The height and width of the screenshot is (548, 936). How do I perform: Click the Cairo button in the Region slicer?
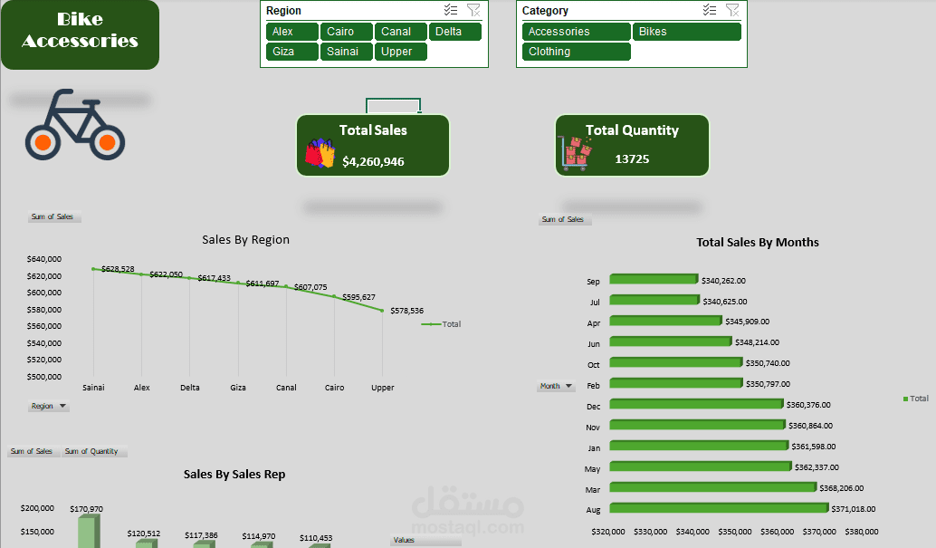click(344, 32)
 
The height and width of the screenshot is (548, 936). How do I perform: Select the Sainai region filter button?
click(344, 52)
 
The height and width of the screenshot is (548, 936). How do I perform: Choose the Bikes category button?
click(686, 32)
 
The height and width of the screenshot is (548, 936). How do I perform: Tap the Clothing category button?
click(576, 52)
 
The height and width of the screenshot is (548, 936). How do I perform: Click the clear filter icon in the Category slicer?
click(732, 11)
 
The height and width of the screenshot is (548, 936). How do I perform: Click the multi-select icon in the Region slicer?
click(451, 11)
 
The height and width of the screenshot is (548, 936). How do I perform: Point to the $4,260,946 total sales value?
click(373, 161)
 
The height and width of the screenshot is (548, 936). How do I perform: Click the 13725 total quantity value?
click(632, 159)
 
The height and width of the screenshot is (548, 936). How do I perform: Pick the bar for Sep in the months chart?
click(654, 280)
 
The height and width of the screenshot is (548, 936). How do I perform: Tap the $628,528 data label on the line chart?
click(118, 269)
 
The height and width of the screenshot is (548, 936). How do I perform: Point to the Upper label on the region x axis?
click(383, 388)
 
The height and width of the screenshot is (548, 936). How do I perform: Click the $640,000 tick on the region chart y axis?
click(43, 259)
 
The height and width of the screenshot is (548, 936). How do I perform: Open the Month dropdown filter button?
click(556, 386)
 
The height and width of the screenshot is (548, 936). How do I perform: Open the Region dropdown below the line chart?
click(49, 407)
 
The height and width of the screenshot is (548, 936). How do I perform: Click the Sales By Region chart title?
click(245, 240)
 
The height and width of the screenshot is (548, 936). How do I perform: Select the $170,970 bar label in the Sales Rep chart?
click(86, 509)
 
